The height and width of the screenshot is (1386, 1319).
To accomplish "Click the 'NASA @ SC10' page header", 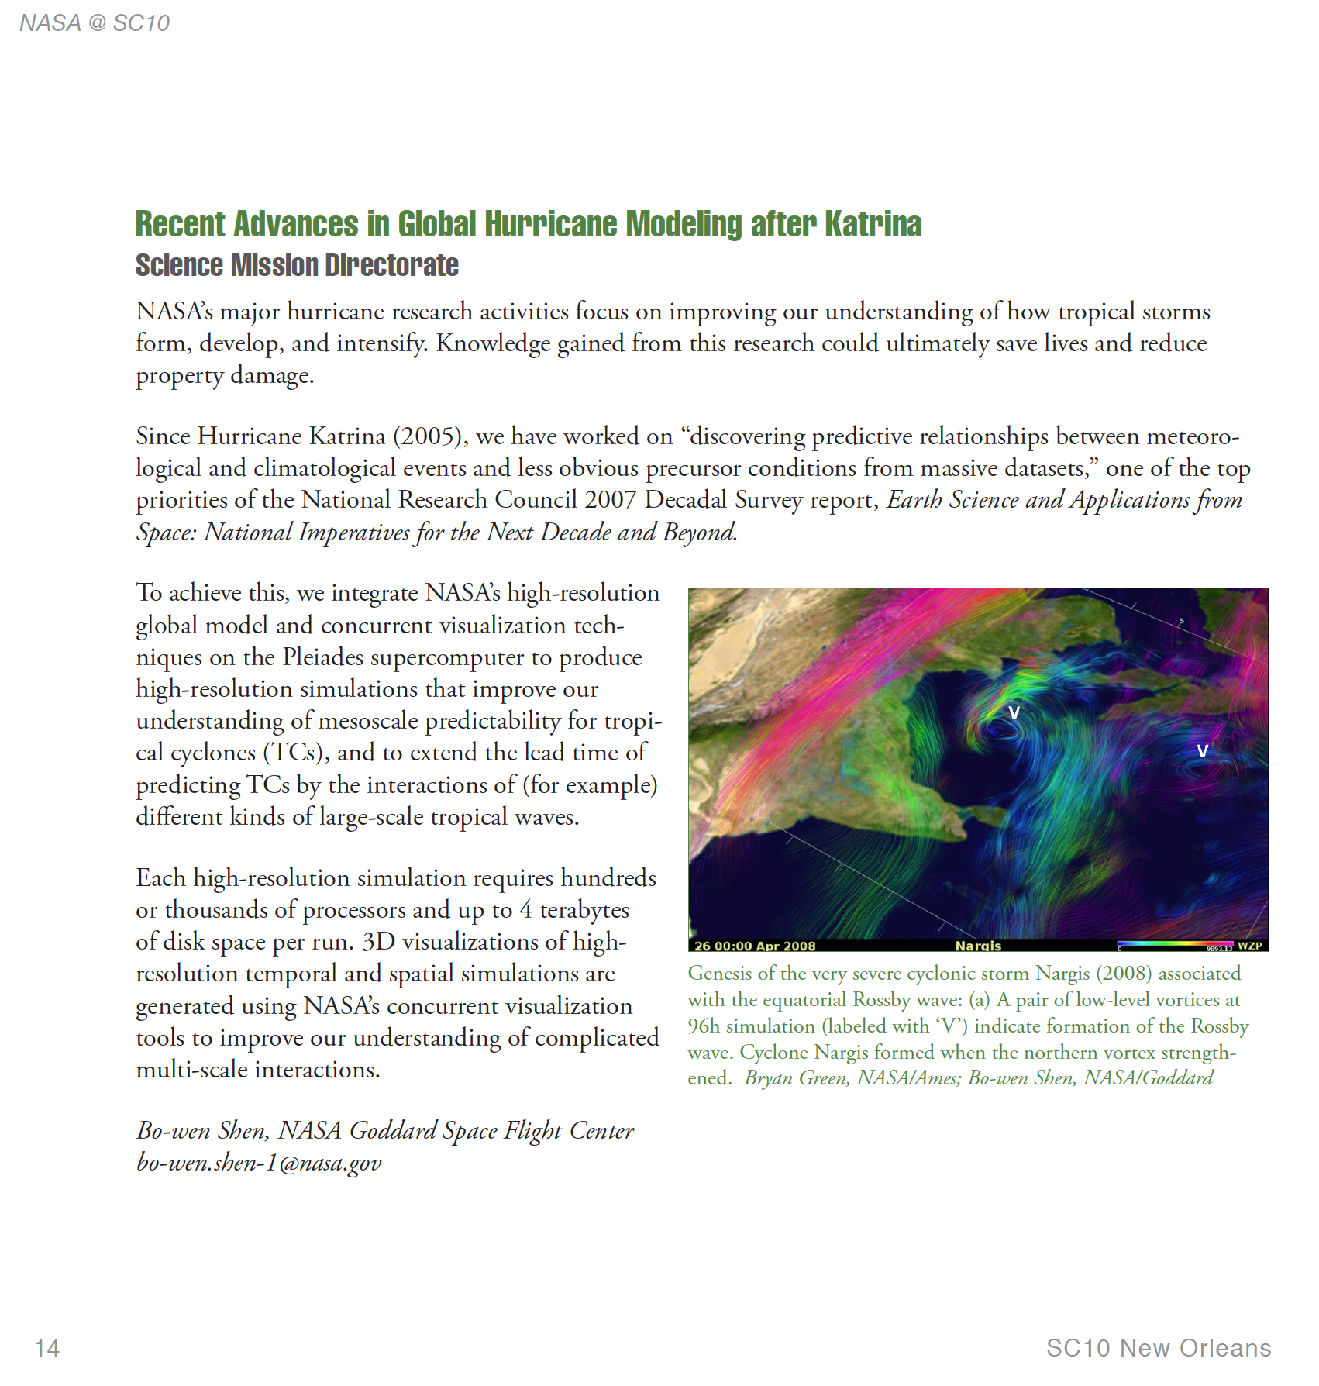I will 95,23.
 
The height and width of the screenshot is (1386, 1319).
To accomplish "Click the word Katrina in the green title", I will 873,225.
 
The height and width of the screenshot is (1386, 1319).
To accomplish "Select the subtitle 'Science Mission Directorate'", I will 297,266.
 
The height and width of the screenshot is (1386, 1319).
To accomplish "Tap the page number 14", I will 47,1348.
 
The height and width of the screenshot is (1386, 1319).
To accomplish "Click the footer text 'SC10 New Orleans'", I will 1158,1348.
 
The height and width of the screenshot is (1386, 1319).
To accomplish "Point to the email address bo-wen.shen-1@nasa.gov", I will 259,1163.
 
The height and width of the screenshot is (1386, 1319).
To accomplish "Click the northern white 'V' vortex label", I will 1014,712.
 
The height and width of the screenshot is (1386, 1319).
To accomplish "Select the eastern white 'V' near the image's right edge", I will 1202,751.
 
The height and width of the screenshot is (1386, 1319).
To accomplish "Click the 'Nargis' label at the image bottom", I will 978,946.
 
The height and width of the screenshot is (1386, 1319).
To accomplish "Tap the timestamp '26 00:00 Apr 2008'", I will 755,946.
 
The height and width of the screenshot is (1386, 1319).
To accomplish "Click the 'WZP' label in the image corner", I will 1249,946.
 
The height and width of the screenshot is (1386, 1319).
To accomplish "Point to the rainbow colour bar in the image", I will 1174,944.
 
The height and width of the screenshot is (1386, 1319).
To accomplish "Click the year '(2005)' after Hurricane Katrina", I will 430,436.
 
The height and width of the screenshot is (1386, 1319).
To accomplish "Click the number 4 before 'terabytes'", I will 525,910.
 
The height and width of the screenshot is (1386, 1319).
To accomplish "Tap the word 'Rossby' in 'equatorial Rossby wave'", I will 880,1000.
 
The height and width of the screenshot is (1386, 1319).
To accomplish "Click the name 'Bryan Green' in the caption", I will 795,1078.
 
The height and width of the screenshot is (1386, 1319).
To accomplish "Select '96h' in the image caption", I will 704,1026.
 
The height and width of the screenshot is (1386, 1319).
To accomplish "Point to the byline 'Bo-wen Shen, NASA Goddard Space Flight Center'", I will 385,1131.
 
